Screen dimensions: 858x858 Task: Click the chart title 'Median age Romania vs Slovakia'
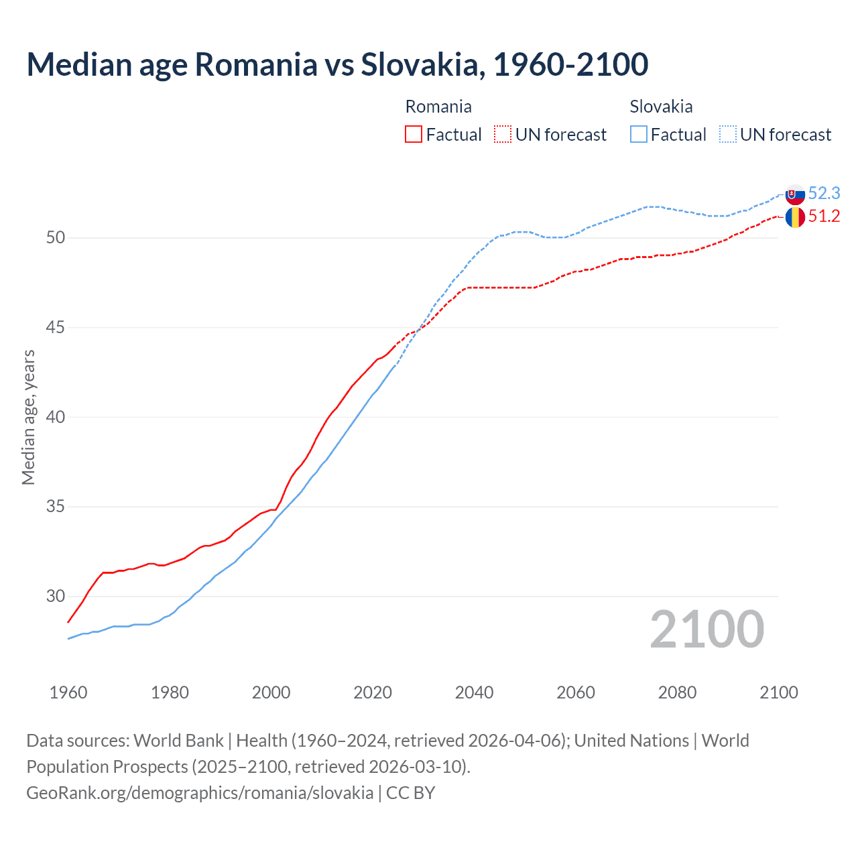pyautogui.click(x=337, y=64)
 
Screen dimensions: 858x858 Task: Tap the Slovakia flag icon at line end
pyautogui.click(x=795, y=195)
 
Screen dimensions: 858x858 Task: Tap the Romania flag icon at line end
pyautogui.click(x=795, y=217)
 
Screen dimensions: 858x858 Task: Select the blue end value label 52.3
pyautogui.click(x=824, y=194)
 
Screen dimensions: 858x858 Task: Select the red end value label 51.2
pyautogui.click(x=824, y=217)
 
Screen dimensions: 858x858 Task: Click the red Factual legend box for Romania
pyautogui.click(x=414, y=135)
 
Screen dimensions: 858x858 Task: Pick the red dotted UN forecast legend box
pyautogui.click(x=503, y=135)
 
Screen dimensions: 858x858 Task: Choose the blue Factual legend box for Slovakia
pyautogui.click(x=639, y=135)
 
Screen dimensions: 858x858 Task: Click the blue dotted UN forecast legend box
pyautogui.click(x=727, y=135)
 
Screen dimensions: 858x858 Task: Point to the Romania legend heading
pyautogui.click(x=438, y=107)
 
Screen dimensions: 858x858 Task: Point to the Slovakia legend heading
pyautogui.click(x=661, y=107)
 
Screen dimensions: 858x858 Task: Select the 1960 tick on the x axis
pyautogui.click(x=68, y=692)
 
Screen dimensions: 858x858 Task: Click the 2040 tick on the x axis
pyautogui.click(x=474, y=692)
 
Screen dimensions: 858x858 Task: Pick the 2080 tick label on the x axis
pyautogui.click(x=677, y=692)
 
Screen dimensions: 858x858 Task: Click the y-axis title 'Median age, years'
pyautogui.click(x=28, y=417)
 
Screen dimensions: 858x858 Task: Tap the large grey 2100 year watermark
pyautogui.click(x=707, y=629)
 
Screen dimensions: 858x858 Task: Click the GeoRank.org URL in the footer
pyautogui.click(x=200, y=793)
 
